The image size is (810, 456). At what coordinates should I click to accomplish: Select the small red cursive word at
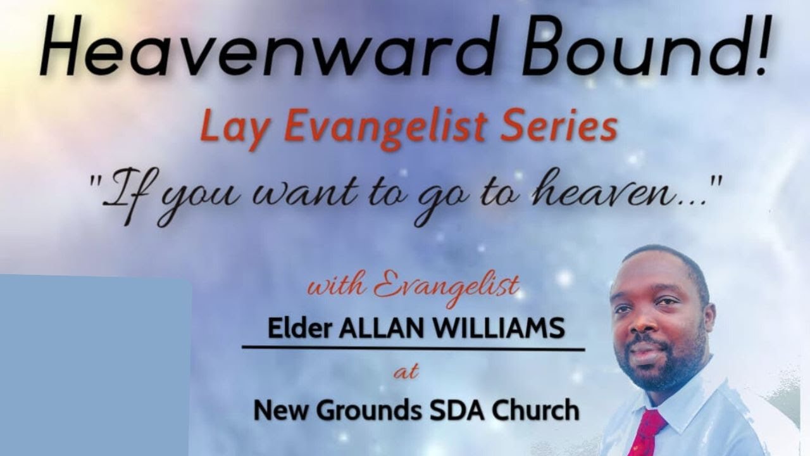click(406, 372)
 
